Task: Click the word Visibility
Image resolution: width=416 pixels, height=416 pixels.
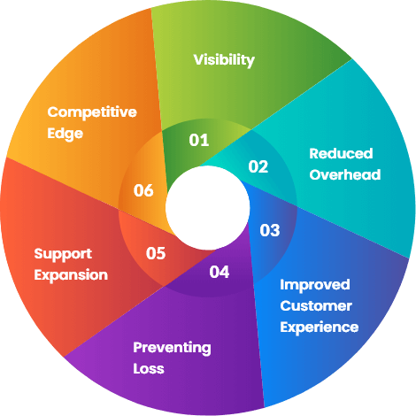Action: click(x=224, y=60)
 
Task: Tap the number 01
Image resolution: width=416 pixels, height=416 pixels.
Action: click(x=199, y=140)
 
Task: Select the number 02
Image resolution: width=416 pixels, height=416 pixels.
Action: click(x=258, y=166)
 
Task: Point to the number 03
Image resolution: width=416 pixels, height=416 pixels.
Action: click(x=270, y=230)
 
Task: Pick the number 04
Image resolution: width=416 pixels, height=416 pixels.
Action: click(x=220, y=272)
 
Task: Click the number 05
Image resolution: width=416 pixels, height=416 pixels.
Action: click(x=156, y=253)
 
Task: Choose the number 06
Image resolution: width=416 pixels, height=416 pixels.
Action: click(x=143, y=190)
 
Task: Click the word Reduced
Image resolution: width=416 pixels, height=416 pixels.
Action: click(x=341, y=153)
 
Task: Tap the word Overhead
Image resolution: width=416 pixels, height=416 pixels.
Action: click(x=345, y=174)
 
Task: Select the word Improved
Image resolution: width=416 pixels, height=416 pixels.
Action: click(x=315, y=285)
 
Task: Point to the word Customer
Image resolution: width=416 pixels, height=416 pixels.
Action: click(x=316, y=306)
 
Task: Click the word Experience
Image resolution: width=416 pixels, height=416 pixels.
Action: click(x=320, y=327)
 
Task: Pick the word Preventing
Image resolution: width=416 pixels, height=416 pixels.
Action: click(x=172, y=348)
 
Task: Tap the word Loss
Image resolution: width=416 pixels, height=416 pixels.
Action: click(x=149, y=369)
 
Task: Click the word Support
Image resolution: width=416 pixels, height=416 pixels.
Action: click(x=63, y=254)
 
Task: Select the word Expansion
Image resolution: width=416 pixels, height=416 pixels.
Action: click(x=71, y=275)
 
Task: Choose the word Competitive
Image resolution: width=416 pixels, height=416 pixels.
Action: click(x=92, y=112)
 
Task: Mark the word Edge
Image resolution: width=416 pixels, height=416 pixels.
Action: click(x=65, y=134)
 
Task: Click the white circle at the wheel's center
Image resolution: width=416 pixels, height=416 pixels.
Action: click(x=208, y=208)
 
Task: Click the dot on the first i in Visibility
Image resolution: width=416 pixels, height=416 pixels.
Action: click(x=207, y=55)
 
